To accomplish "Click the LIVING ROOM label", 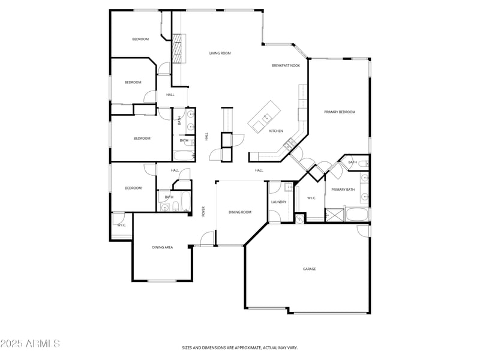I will pos(220,53).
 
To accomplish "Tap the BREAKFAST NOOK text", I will pos(286,65).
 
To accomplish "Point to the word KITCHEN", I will pos(275,131).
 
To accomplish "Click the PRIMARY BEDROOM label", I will pos(340,112).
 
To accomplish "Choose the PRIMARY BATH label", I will pos(343,190).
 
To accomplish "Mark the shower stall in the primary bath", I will pos(334,215).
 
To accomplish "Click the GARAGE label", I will pos(309,269).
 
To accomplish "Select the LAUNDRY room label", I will pos(278,202).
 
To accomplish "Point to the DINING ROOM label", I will pos(239,212).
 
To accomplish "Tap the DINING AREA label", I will pos(162,247).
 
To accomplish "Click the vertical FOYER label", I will pos(203,211).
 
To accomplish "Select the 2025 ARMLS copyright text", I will pos(30,344).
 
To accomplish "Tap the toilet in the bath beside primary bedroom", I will pos(365,163).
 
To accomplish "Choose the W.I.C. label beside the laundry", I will pos(311,198).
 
